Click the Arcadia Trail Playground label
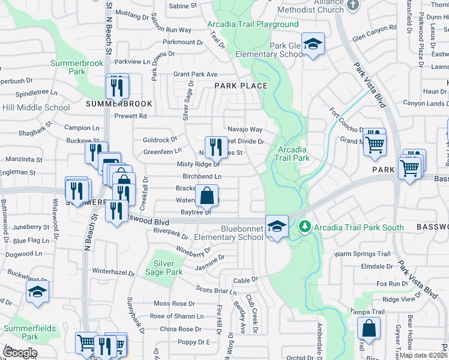253,25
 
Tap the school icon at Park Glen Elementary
313,44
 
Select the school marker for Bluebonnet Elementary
276,226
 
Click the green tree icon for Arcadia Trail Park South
305,226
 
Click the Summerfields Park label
30,332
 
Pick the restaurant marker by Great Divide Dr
216,147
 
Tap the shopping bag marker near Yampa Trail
368,329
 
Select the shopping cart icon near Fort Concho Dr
375,142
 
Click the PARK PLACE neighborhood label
241,86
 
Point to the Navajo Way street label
245,130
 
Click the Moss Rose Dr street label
175,304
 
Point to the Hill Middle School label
35,108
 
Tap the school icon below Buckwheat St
37,292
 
